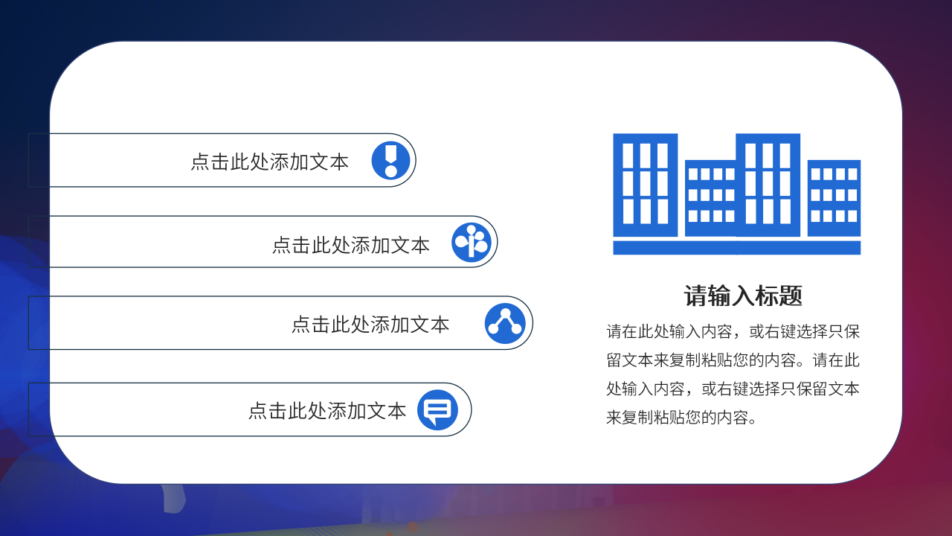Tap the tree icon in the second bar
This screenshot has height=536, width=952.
472,242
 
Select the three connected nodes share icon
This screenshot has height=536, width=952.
505,323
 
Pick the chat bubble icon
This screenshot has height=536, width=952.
437,409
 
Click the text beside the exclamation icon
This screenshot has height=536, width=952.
269,162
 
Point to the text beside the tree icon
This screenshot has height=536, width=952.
350,244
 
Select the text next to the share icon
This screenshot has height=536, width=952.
370,324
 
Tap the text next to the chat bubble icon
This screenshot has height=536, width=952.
327,410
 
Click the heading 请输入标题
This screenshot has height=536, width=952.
743,296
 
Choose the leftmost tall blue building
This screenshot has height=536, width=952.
645,185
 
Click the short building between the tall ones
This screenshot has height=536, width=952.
710,198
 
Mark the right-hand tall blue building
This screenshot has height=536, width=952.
768,185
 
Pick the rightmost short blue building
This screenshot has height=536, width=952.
834,198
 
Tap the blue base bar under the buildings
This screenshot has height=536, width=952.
736,247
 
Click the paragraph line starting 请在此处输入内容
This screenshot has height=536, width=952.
733,331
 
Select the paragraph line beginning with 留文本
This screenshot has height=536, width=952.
733,360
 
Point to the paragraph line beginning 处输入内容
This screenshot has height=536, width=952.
733,389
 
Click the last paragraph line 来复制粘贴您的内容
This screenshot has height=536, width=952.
681,417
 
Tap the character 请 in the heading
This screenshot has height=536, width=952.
694,296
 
